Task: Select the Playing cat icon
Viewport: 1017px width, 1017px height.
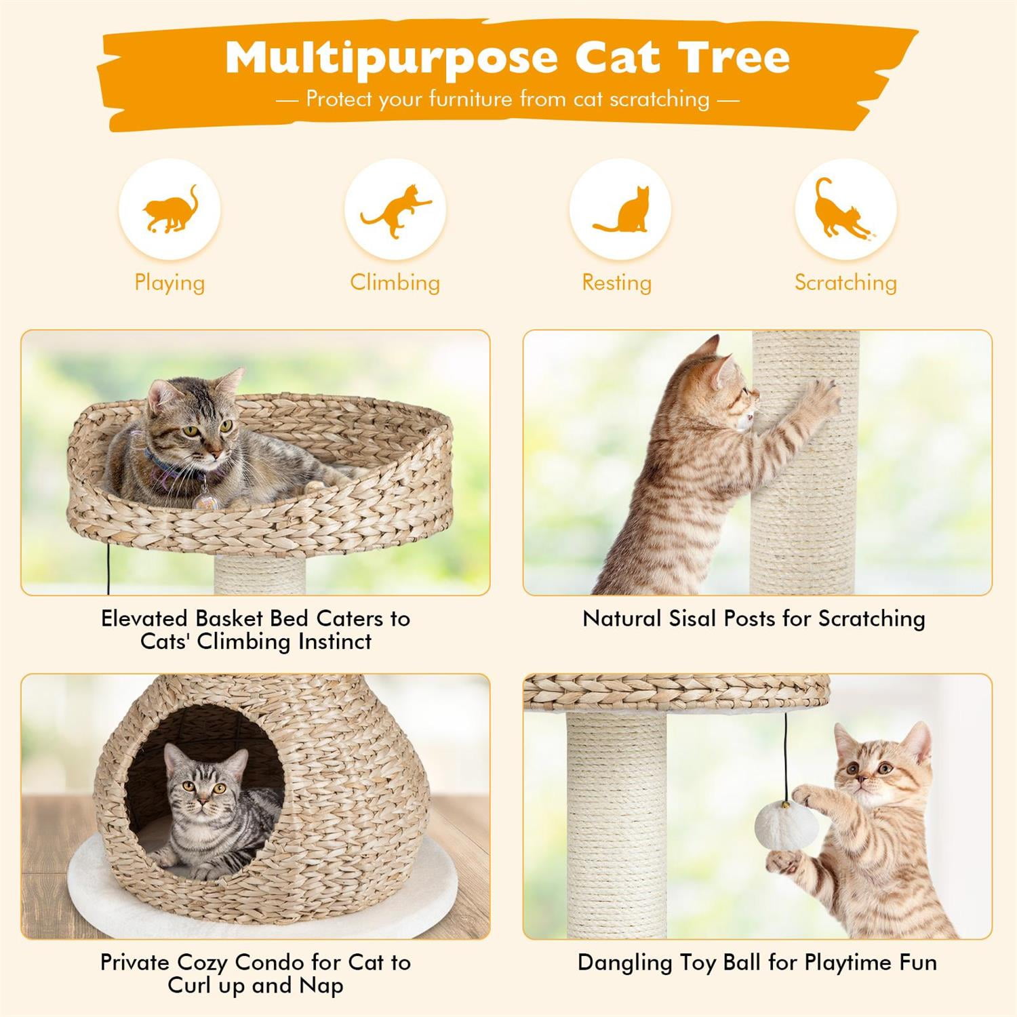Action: point(169,210)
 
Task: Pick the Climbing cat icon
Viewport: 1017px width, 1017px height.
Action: point(395,210)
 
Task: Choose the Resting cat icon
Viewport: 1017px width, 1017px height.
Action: point(620,210)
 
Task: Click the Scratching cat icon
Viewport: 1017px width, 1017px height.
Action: point(845,210)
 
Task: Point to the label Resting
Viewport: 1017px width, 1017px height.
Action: point(616,282)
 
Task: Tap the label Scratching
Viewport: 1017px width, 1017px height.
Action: point(845,282)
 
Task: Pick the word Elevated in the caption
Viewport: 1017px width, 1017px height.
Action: point(144,618)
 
